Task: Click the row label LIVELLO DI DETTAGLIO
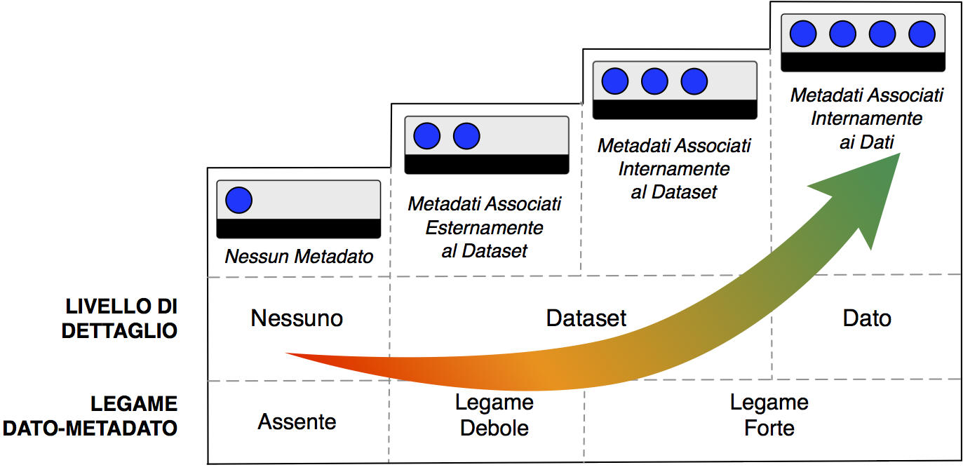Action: pos(120,318)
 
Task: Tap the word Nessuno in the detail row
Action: pos(297,318)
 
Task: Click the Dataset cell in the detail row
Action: pos(586,318)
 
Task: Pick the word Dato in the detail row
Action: pos(867,318)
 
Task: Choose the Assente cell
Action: pos(297,422)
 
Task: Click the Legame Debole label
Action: pos(494,415)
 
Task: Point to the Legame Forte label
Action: pos(769,415)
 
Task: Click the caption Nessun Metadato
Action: pos(299,257)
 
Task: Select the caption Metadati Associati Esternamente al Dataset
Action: pos(485,227)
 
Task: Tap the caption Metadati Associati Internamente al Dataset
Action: pos(674,169)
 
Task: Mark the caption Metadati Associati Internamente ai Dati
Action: pos(867,118)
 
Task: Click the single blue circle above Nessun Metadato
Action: pos(238,201)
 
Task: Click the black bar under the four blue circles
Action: pos(863,62)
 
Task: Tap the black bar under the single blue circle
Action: pos(298,229)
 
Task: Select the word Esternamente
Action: pos(485,228)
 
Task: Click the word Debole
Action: pos(494,428)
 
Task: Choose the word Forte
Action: pos(769,428)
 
